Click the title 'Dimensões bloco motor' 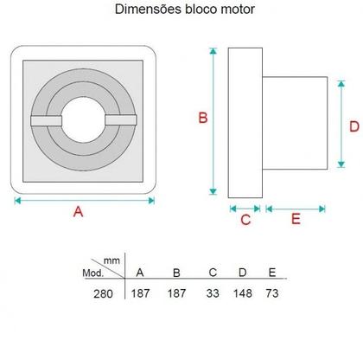[x=181, y=11]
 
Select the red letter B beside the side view [x=202, y=119]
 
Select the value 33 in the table [x=213, y=293]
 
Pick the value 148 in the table [x=243, y=293]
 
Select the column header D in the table [x=243, y=273]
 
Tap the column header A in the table [x=139, y=273]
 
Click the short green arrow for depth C [x=245, y=207]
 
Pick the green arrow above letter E [x=295, y=207]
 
